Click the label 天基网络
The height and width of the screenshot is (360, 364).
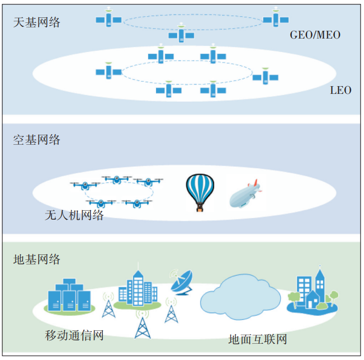coord(37,23)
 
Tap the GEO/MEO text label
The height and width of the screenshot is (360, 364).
coord(315,35)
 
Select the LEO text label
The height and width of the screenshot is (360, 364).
coord(340,89)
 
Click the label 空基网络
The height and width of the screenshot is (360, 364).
coord(37,140)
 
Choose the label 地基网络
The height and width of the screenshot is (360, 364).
coord(37,259)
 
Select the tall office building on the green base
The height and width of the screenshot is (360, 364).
coord(135,288)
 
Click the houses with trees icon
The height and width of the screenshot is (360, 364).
coord(312,292)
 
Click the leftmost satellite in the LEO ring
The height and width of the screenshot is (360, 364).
coord(108,71)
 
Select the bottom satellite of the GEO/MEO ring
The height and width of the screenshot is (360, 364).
coord(181,34)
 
